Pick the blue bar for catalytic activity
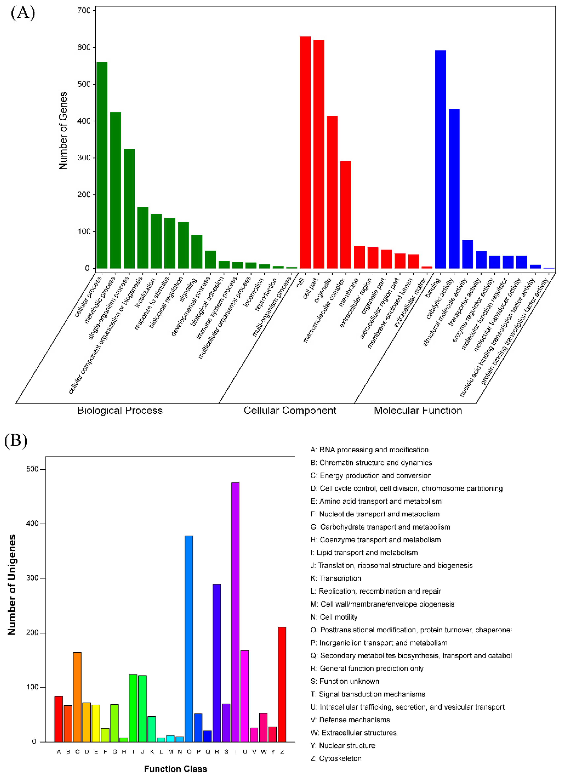tap(454, 188)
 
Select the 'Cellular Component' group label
tap(290, 410)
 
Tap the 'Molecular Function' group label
tap(418, 410)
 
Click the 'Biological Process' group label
tap(120, 410)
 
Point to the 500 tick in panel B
tap(33, 469)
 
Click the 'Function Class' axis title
tap(175, 769)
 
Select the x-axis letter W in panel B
tap(263, 752)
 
